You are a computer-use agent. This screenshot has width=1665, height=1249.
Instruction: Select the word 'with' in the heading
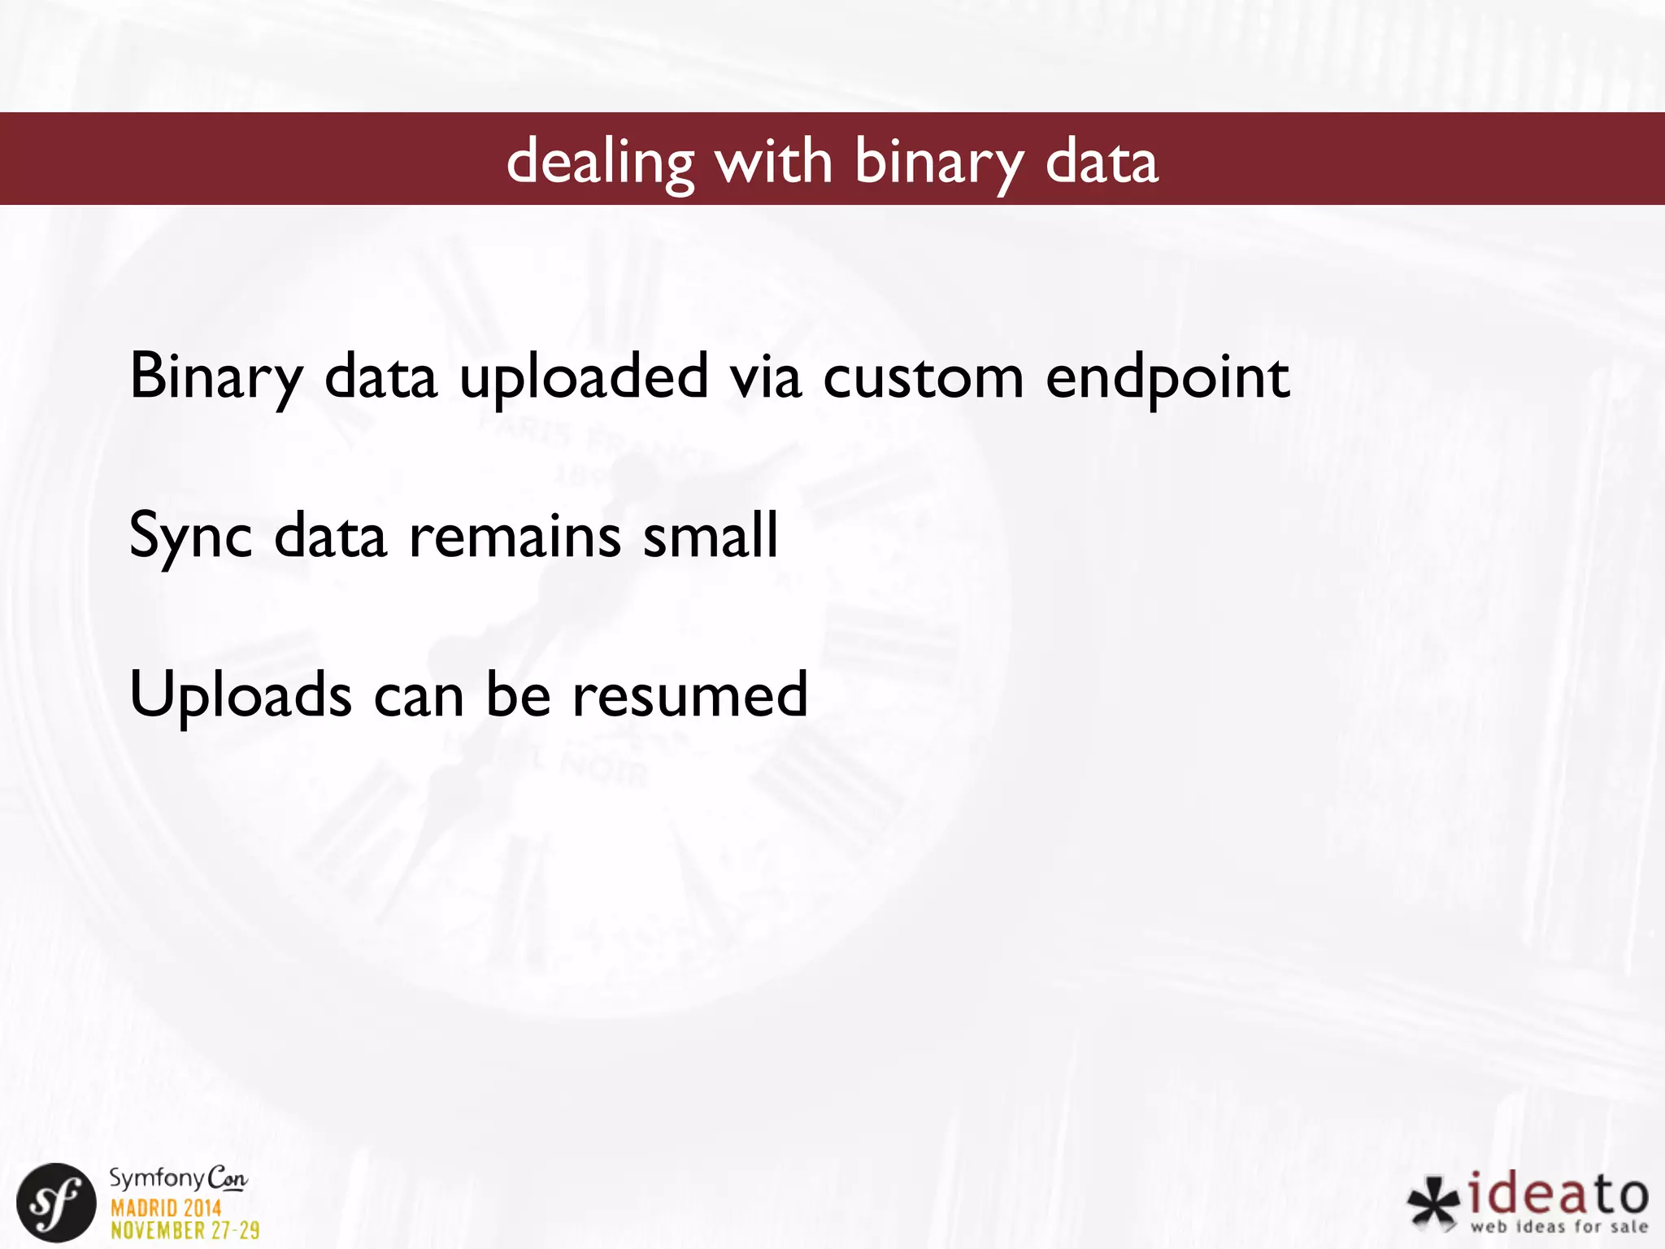coord(773,161)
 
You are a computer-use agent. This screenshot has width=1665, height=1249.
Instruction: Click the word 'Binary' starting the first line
coord(216,377)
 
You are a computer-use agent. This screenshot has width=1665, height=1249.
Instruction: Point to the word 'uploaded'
coord(583,377)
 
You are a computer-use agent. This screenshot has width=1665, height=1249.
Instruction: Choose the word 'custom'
coord(923,377)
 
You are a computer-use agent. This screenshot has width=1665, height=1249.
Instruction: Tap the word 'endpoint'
coord(1167,377)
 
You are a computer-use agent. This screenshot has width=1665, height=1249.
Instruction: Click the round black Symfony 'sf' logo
coord(56,1203)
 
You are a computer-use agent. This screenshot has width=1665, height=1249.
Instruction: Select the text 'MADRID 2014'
coord(166,1208)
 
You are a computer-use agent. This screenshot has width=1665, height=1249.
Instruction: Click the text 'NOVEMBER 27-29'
coord(185,1230)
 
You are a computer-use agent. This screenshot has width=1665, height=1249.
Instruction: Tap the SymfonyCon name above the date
coord(178,1178)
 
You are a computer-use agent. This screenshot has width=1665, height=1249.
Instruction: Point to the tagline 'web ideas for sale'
coord(1558,1226)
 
